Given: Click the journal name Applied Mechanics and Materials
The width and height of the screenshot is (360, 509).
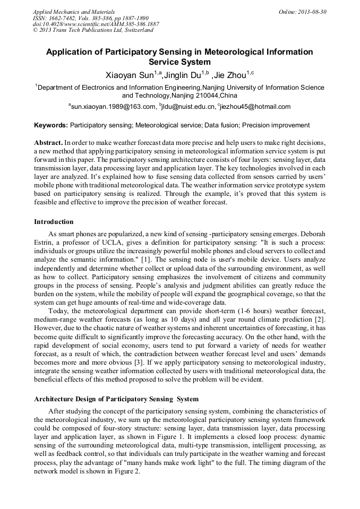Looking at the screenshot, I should pyautogui.click(x=74, y=11).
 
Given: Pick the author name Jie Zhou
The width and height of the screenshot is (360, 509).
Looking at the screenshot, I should pyautogui.click(x=230, y=75).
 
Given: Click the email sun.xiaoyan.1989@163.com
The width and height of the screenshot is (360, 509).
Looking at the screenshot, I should pyautogui.click(x=113, y=107).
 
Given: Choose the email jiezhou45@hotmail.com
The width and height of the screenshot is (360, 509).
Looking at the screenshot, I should pyautogui.click(x=255, y=107).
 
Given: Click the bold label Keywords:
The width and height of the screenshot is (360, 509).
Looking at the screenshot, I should pyautogui.click(x=51, y=125).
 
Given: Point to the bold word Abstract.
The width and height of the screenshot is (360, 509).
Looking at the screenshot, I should pyautogui.click(x=48, y=143).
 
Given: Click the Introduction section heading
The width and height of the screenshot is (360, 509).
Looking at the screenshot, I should pyautogui.click(x=54, y=221).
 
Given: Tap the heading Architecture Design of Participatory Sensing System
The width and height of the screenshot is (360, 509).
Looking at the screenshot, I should pyautogui.click(x=116, y=399).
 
